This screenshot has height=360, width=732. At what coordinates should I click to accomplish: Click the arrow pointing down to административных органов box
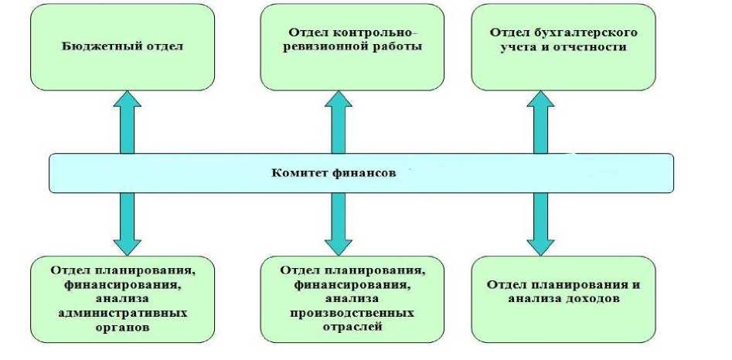tap(128, 224)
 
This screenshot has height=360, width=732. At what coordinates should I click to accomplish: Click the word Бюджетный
tap(90, 46)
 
